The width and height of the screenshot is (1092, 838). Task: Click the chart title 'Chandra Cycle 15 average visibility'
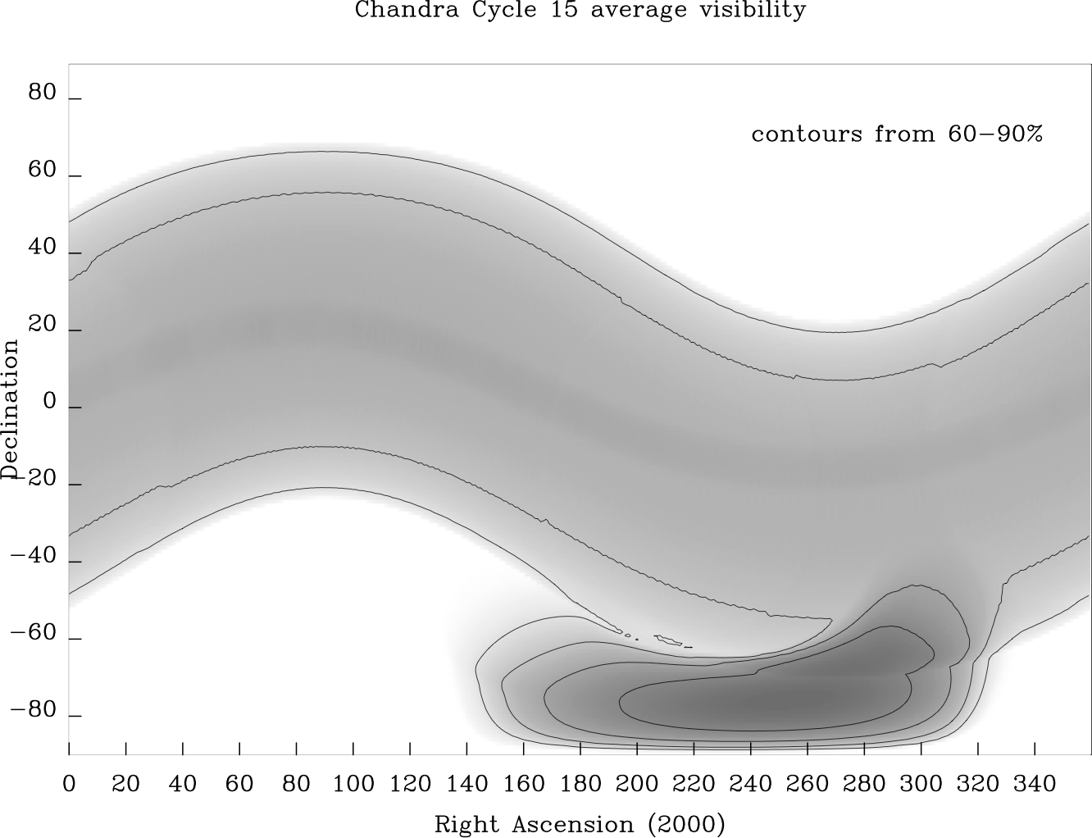click(580, 11)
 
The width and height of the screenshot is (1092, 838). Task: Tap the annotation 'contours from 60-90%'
click(897, 134)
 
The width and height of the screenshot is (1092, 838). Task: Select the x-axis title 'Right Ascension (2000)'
click(579, 823)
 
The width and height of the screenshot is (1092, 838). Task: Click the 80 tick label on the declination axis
click(42, 93)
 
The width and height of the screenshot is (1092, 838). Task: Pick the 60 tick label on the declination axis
click(42, 171)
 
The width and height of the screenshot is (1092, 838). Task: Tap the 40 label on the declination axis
click(42, 248)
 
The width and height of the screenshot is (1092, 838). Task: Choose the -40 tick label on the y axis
click(34, 557)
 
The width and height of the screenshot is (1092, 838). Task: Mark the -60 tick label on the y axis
click(34, 634)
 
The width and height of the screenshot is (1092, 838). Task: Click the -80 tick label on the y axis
click(34, 710)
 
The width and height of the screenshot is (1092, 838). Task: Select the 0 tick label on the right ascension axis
click(69, 784)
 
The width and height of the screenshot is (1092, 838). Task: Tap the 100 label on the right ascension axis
click(353, 784)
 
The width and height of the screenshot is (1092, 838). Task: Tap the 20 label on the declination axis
click(42, 325)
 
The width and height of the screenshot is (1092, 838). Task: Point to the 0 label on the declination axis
click(49, 403)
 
